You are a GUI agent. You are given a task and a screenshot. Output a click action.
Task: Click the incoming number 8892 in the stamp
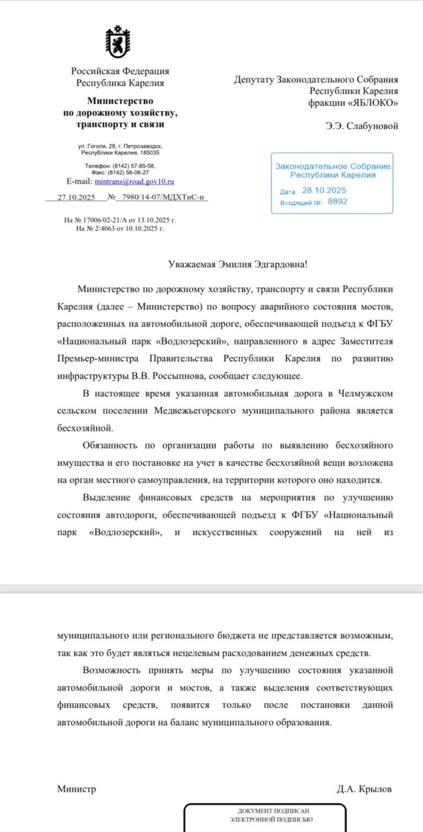pos(338,202)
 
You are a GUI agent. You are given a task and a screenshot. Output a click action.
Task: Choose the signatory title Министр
pos(76,789)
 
